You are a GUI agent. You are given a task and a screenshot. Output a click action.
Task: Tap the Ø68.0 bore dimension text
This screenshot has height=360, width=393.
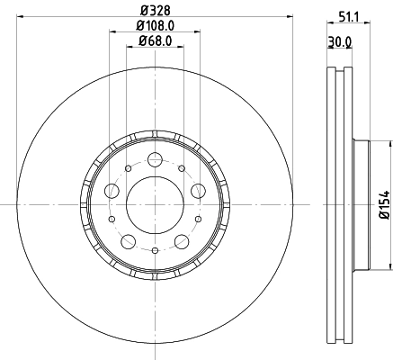(x=155, y=40)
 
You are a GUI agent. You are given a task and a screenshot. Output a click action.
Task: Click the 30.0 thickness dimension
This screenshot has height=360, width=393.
(x=338, y=41)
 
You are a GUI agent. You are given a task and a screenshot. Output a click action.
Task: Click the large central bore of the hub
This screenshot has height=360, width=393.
(x=155, y=203)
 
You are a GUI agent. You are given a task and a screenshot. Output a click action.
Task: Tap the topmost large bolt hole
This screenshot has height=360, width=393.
(x=155, y=160)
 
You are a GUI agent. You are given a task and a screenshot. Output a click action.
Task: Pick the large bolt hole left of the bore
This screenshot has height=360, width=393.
(x=112, y=190)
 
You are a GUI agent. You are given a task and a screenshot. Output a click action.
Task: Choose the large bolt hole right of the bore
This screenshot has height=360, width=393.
(x=197, y=190)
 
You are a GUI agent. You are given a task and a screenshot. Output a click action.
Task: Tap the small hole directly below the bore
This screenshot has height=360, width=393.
(x=155, y=249)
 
